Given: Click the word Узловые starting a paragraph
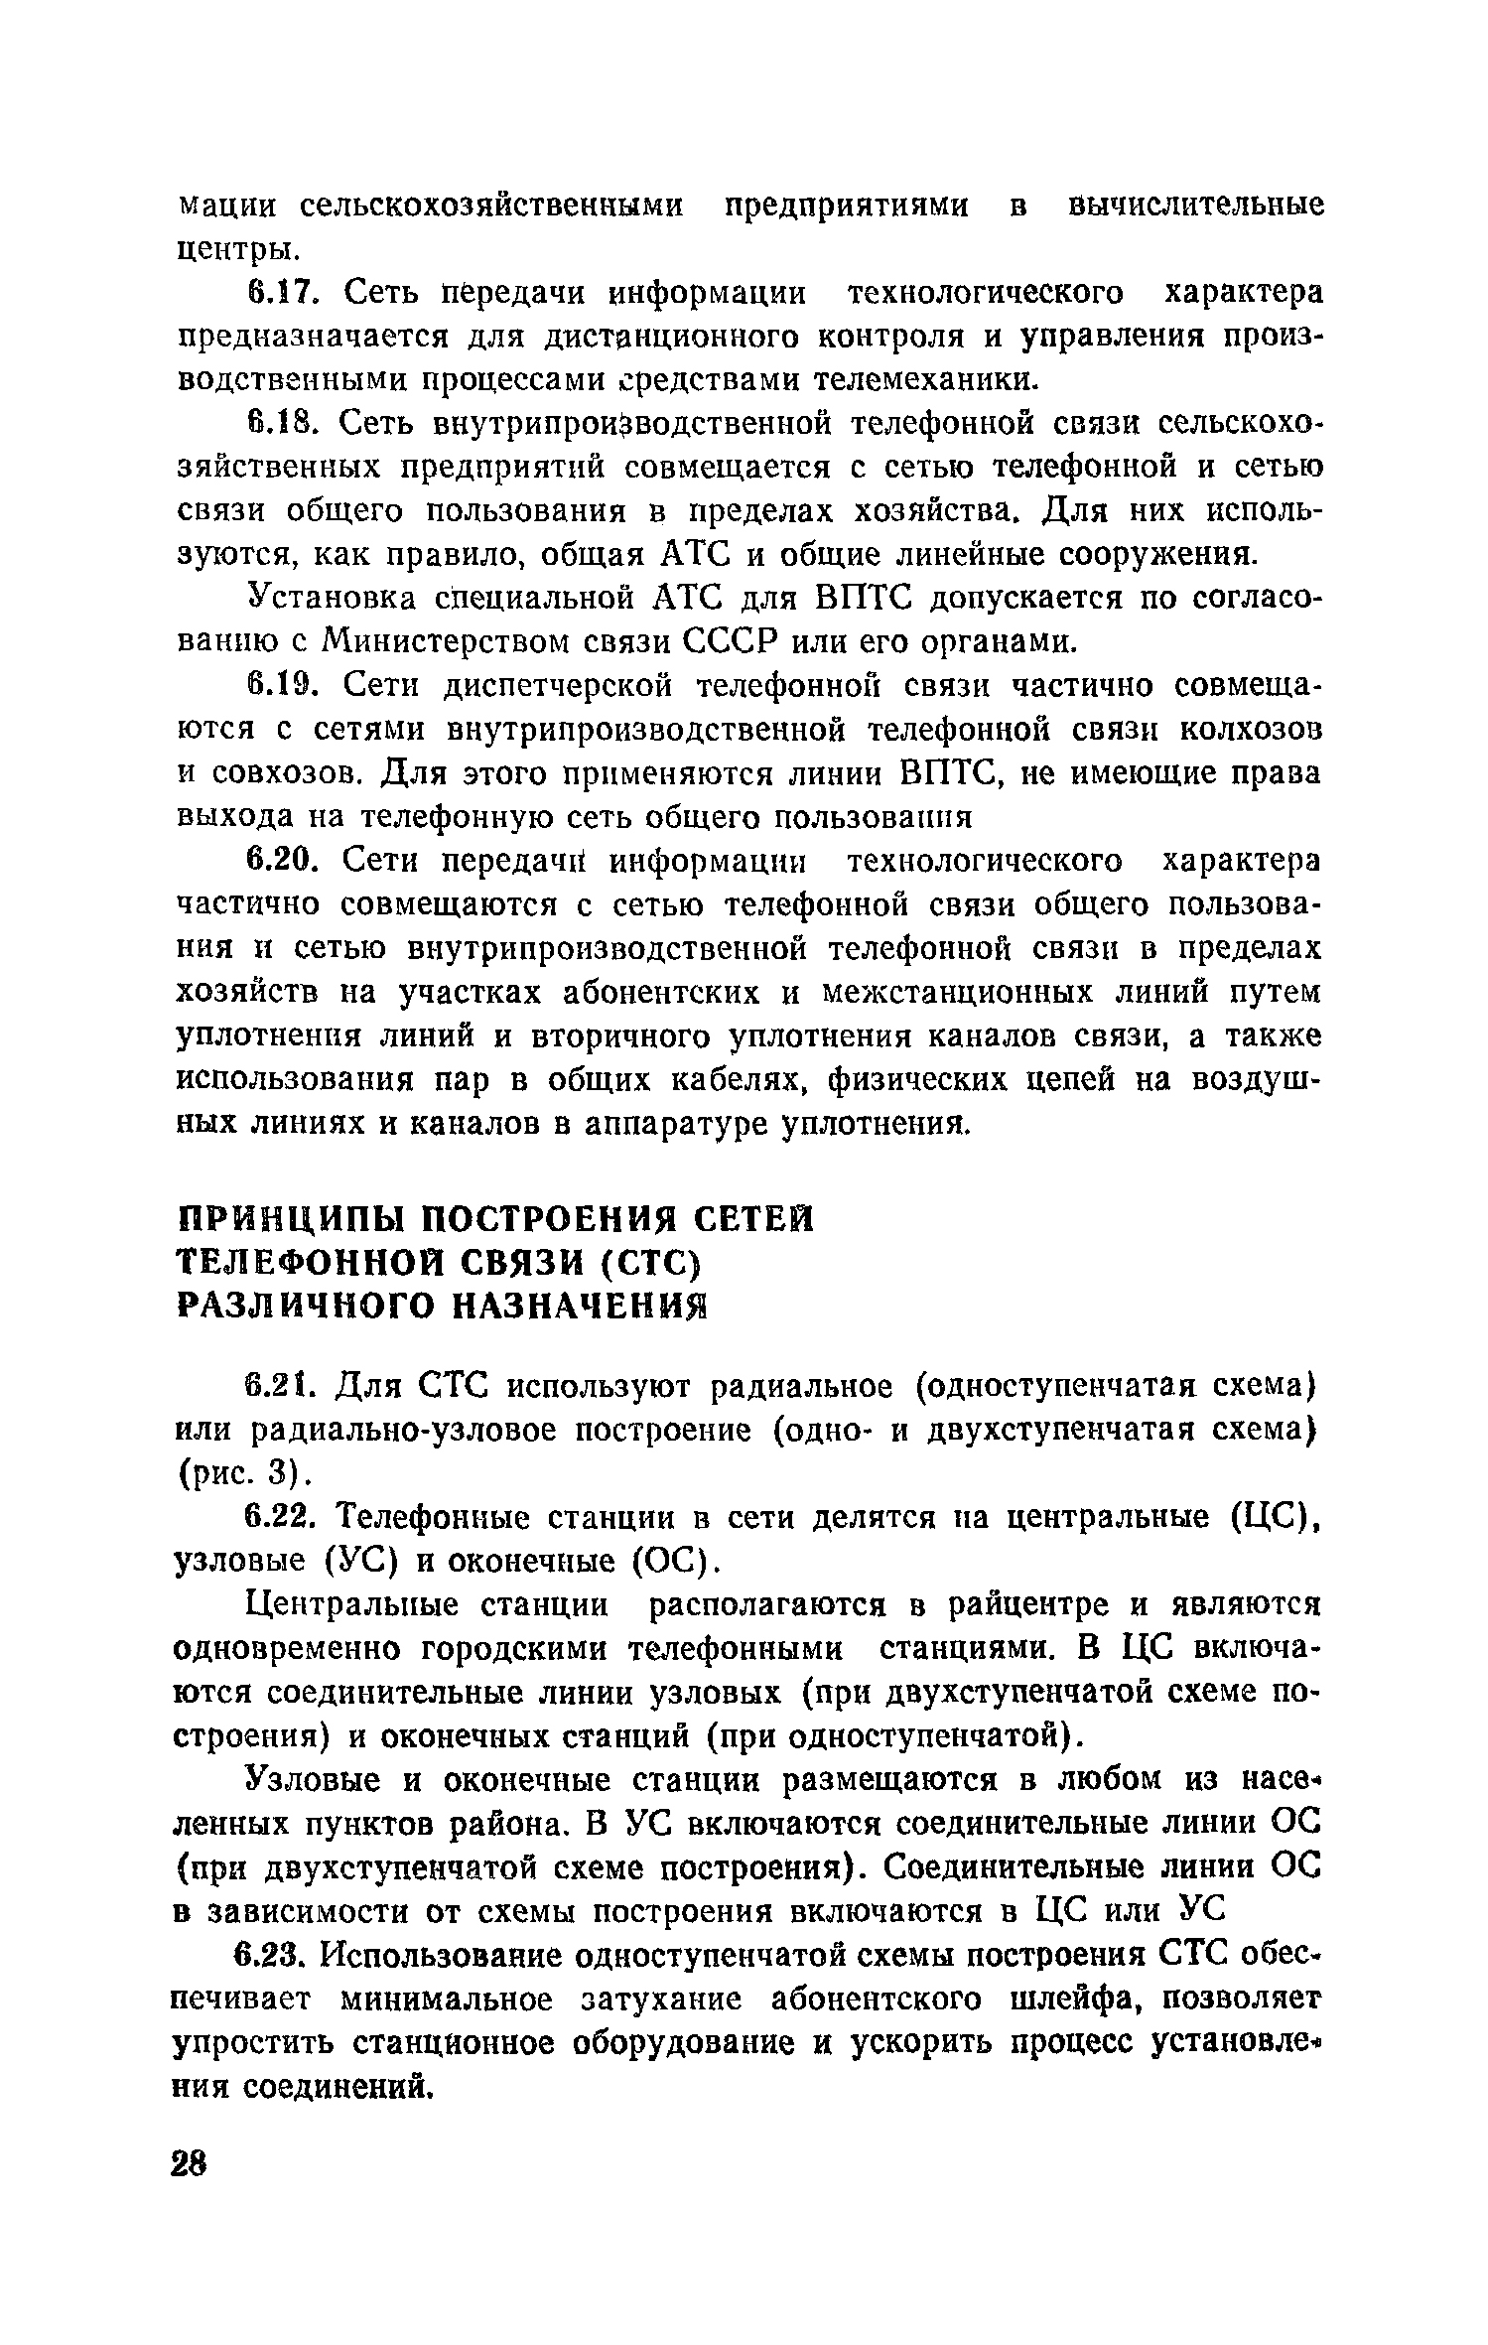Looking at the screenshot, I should [x=314, y=1780].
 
